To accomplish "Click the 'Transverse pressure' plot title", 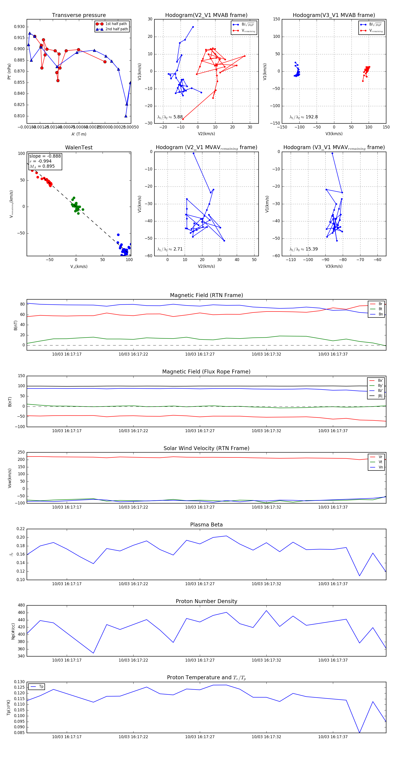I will [x=79, y=15].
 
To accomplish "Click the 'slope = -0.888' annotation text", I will [x=45, y=156].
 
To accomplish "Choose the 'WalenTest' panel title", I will [x=79, y=148].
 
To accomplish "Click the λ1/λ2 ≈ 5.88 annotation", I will [x=170, y=117].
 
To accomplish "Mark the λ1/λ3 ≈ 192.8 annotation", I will [x=303, y=117].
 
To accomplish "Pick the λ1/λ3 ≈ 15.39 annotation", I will [x=303, y=249].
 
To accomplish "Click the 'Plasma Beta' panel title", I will [x=206, y=525].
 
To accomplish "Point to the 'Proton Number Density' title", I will [x=206, y=601].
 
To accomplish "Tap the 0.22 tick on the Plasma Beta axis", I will [x=21, y=529].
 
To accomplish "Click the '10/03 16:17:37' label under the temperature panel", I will [x=333, y=737].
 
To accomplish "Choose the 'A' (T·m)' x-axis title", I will [x=79, y=134].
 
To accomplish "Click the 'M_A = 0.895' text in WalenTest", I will [x=42, y=166].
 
